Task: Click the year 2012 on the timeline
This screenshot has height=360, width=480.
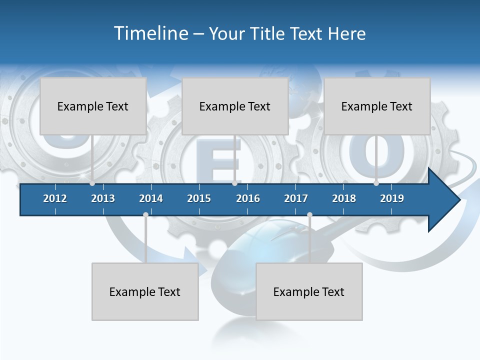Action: (55, 198)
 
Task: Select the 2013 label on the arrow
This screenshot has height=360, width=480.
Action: (103, 198)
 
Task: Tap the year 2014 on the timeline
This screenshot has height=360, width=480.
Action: (151, 198)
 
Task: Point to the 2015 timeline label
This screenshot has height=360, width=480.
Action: (199, 198)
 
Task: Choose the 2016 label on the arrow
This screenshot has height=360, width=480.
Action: (248, 198)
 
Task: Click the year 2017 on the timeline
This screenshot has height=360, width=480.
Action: (296, 198)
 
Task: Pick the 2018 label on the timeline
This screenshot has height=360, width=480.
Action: (344, 198)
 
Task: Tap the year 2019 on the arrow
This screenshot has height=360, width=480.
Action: (392, 198)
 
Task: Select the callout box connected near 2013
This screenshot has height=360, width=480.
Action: (93, 106)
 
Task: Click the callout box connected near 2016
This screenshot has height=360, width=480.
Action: (235, 106)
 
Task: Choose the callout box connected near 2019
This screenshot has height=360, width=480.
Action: (377, 106)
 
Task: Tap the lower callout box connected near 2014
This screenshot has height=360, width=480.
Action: (145, 291)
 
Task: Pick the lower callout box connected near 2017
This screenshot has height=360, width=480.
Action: (309, 291)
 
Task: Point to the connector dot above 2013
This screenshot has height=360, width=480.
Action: (92, 183)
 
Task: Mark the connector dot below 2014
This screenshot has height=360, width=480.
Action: (145, 215)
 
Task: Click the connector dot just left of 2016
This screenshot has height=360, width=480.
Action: (234, 183)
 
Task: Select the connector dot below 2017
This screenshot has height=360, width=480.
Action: (309, 215)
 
